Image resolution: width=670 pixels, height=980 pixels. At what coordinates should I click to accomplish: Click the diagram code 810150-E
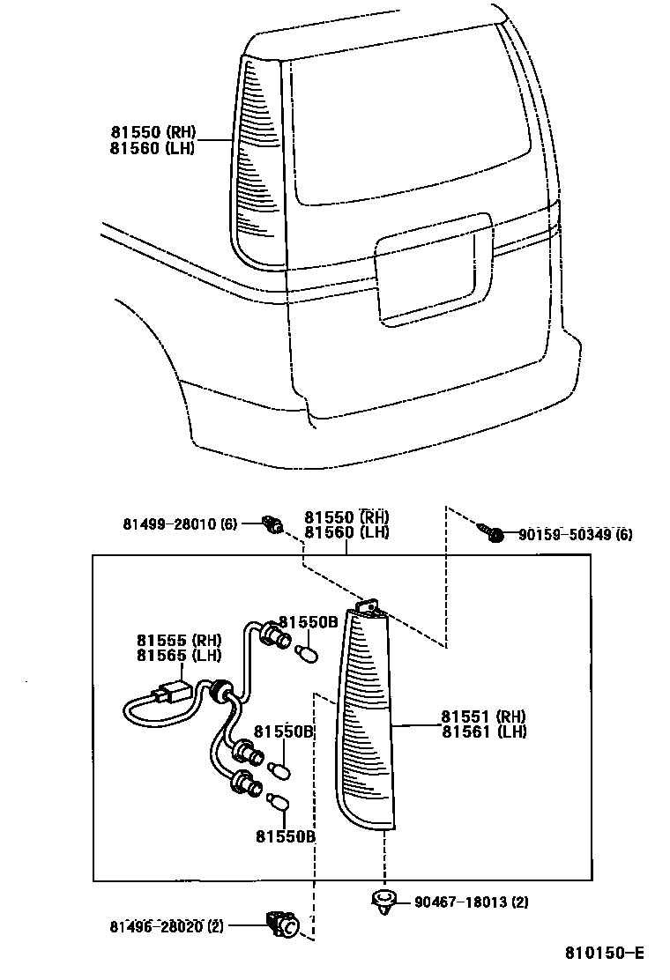point(605,953)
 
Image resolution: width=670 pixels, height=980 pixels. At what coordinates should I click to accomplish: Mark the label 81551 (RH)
point(484,716)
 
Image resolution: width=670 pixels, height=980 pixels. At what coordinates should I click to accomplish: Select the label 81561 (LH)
point(484,731)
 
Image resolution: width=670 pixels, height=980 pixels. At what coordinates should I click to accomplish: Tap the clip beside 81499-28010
point(274,526)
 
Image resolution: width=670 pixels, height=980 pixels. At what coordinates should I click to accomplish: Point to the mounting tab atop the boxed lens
point(369,606)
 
